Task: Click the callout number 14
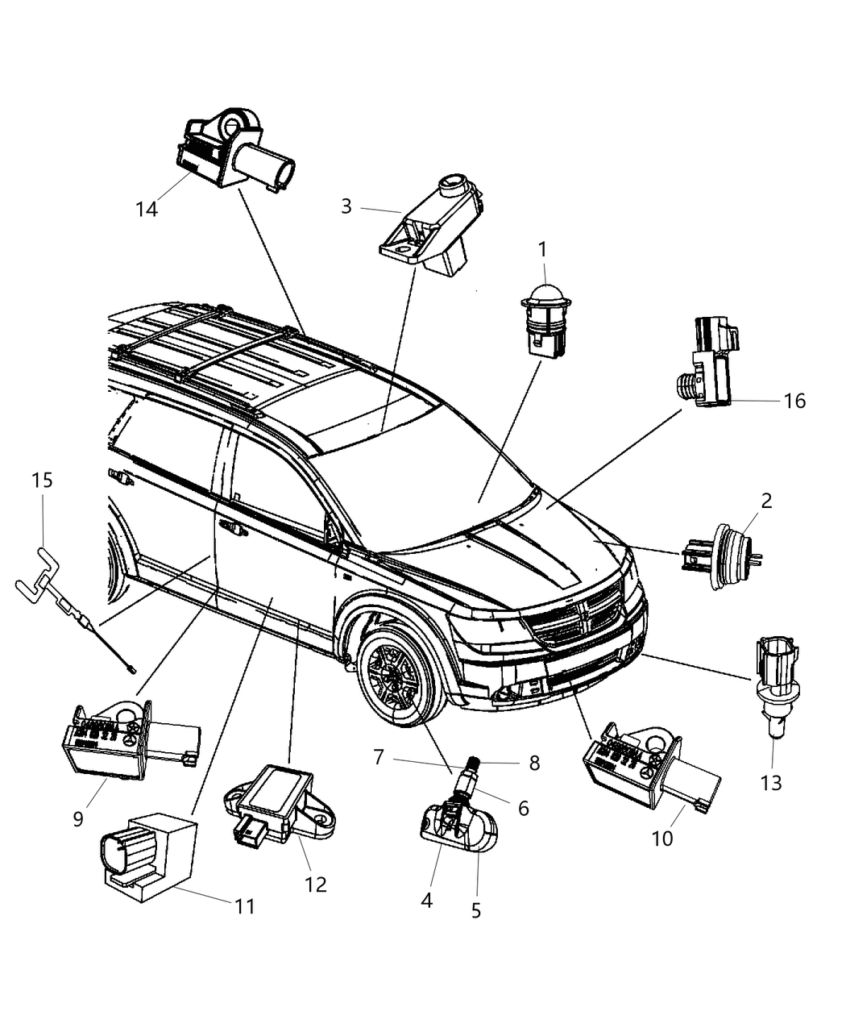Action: [x=147, y=209]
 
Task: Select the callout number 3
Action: [x=346, y=206]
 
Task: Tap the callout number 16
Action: [x=794, y=401]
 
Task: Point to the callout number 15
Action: [x=42, y=481]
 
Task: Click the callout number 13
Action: [x=771, y=782]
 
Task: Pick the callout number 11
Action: [x=245, y=906]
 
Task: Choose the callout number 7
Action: [x=378, y=757]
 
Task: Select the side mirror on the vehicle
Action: [x=332, y=533]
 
